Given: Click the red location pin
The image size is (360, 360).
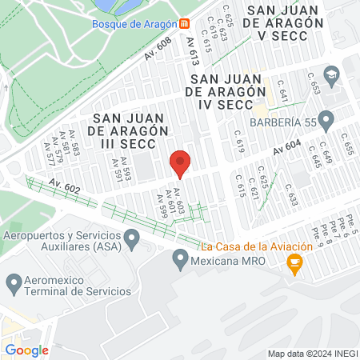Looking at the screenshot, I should point(180,163).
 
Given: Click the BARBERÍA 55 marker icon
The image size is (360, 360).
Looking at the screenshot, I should point(325,121).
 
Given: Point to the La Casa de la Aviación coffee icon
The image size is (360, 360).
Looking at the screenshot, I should point(294,263).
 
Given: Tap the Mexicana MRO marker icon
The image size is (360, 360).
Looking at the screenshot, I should point(180,259).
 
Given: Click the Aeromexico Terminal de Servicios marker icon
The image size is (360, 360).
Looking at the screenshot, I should point(13,282).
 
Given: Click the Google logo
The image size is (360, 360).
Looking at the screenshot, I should point(26,350).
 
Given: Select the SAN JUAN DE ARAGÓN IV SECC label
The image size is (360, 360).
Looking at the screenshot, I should point(226,92).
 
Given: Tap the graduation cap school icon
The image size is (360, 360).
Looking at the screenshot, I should point(332,74).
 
